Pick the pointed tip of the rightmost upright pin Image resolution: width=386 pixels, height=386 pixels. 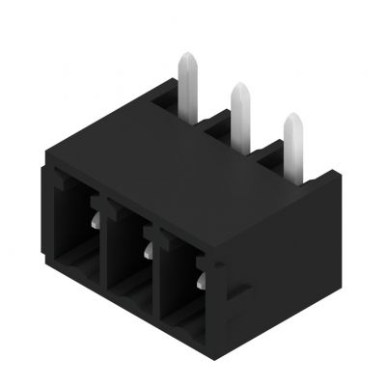[290, 118]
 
